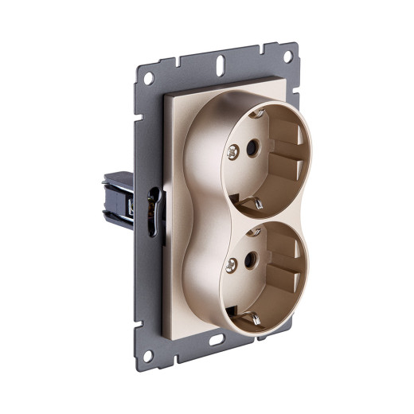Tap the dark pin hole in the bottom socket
click(249, 260)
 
